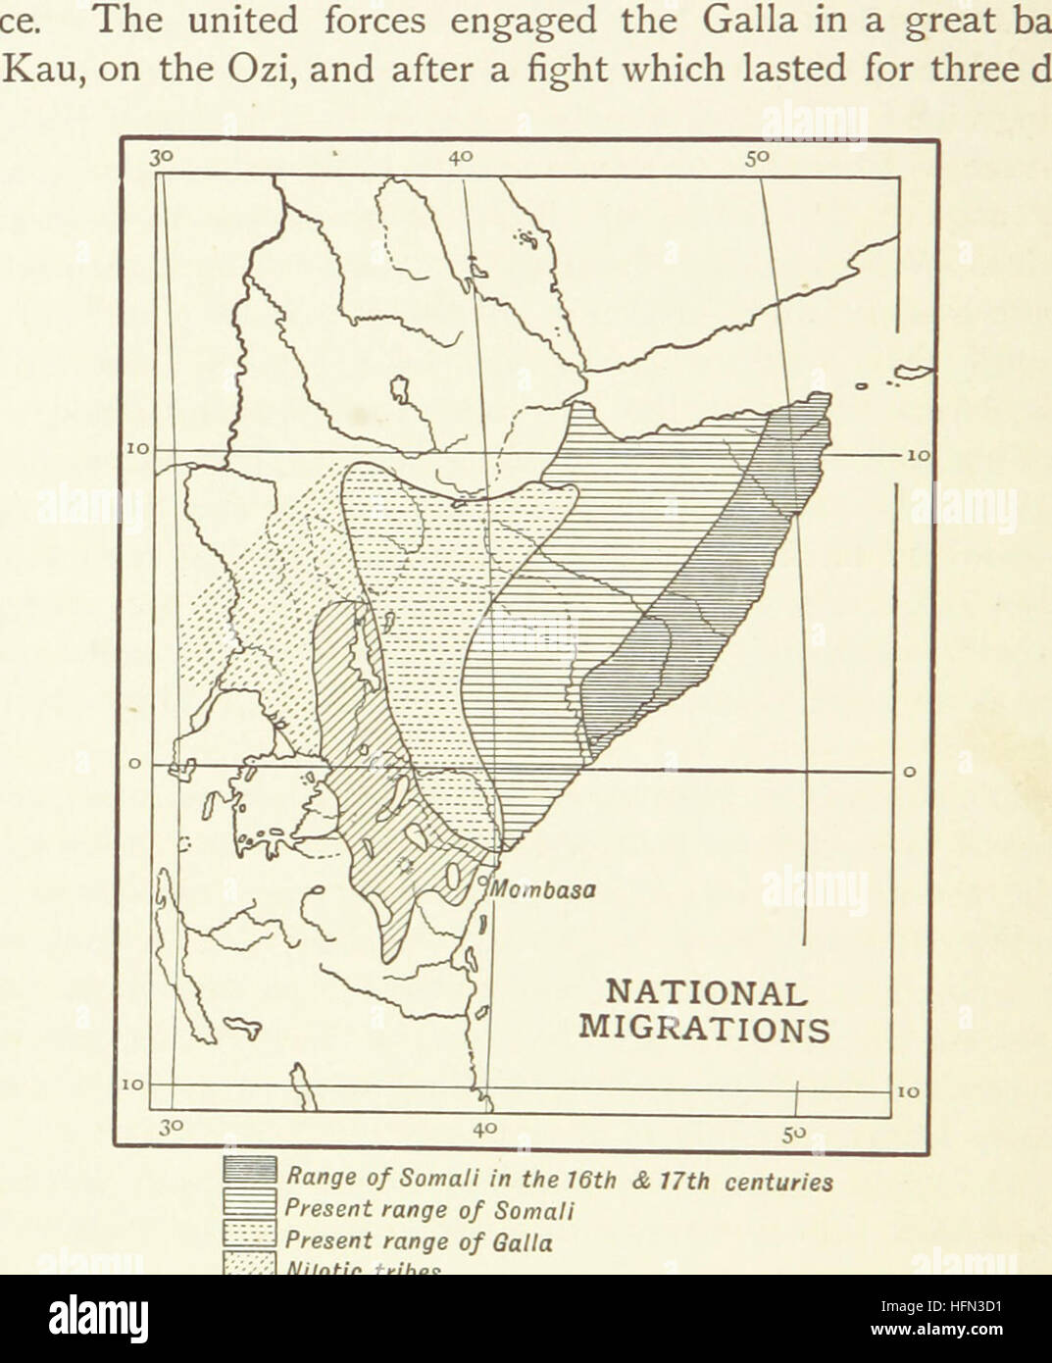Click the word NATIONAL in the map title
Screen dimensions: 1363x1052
tap(705, 991)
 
